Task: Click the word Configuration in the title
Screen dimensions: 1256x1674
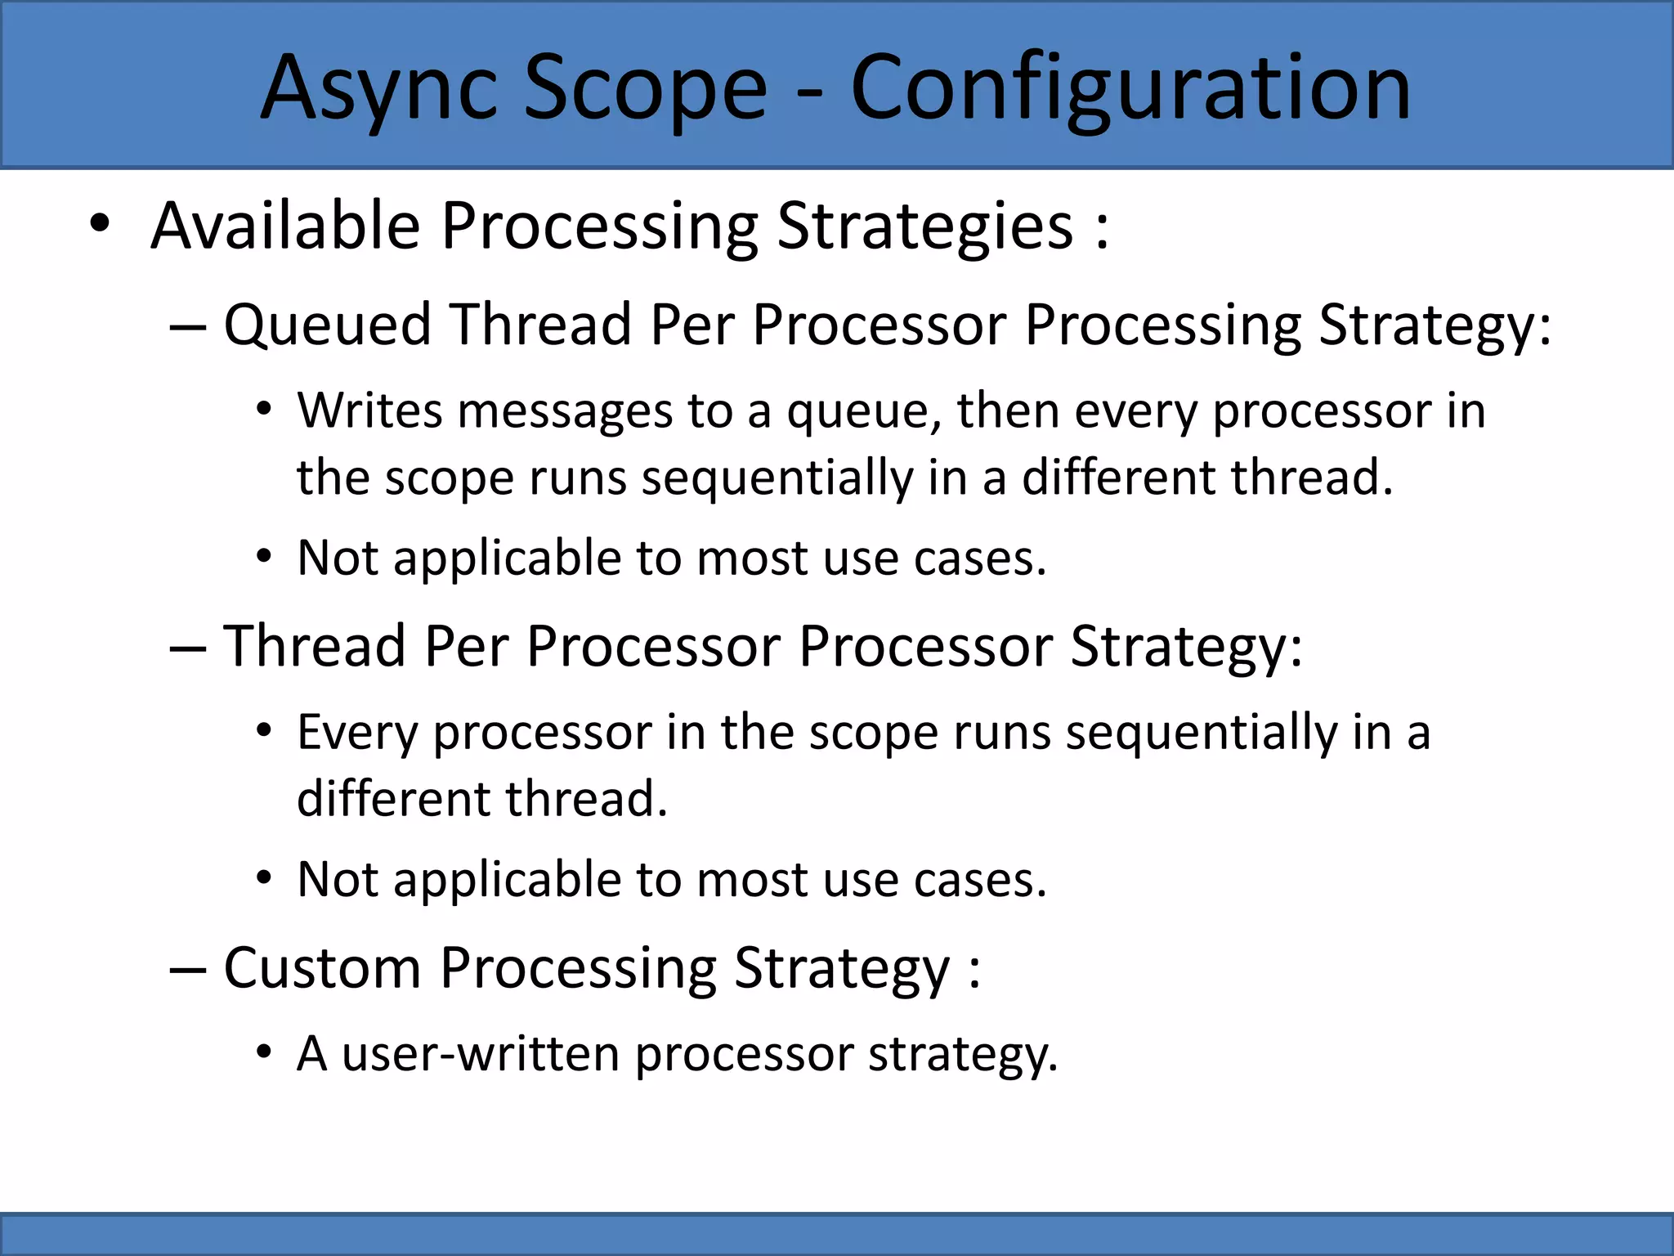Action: (1130, 88)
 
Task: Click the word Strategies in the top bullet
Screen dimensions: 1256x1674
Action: (924, 227)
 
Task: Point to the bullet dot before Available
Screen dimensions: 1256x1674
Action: (99, 224)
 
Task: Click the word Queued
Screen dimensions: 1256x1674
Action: (327, 325)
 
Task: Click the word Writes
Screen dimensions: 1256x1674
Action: (370, 410)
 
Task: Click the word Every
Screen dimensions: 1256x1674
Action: (357, 733)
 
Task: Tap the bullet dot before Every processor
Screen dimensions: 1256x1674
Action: (263, 730)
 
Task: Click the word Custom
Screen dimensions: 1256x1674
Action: (321, 968)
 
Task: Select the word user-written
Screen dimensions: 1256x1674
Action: (481, 1053)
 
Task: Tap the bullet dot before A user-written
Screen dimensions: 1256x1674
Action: (263, 1052)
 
